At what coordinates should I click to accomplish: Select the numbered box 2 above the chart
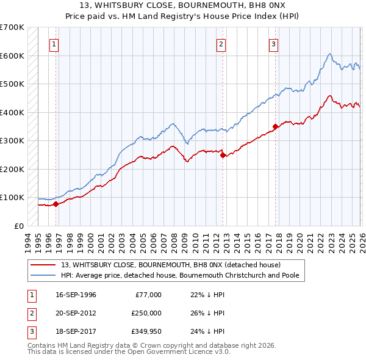pyautogui.click(x=221, y=44)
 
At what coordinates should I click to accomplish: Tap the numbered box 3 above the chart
pyautogui.click(x=274, y=44)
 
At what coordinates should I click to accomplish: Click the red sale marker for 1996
pyautogui.click(x=56, y=204)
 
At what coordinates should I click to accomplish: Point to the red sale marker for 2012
pyautogui.click(x=222, y=155)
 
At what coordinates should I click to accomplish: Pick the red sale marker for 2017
pyautogui.click(x=275, y=127)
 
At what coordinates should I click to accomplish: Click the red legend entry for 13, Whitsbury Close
pyautogui.click(x=170, y=265)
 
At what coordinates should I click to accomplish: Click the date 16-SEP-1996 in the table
pyautogui.click(x=76, y=295)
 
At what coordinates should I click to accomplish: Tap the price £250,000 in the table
pyautogui.click(x=146, y=313)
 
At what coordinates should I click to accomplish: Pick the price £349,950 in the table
pyautogui.click(x=146, y=331)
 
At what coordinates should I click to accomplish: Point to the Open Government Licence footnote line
pyautogui.click(x=129, y=353)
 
